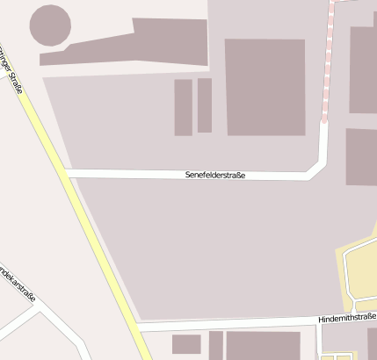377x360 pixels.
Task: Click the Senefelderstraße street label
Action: pos(215,176)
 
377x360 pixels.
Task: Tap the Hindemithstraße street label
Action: pos(347,317)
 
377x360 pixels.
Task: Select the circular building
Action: pos(50,25)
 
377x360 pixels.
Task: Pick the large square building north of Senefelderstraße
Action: pos(265,87)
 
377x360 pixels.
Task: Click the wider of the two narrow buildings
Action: pos(183,107)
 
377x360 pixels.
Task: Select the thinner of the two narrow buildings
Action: pos(205,105)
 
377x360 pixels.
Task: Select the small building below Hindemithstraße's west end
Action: pos(186,343)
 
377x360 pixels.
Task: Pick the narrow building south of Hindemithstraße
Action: pos(215,345)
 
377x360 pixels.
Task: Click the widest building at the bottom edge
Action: pos(264,345)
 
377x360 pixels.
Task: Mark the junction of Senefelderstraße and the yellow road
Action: pos(69,174)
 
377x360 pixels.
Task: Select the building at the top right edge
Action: pos(363,70)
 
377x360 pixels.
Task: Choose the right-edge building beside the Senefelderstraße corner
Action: pos(361,157)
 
